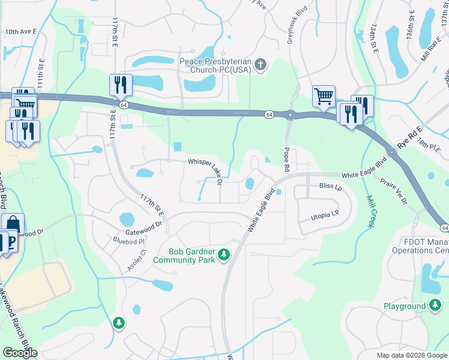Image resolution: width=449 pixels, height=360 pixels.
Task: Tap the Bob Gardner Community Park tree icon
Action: (x=224, y=255)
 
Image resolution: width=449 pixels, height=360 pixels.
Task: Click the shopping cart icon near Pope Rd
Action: (x=324, y=96)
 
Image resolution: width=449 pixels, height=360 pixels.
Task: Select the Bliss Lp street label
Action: (x=330, y=187)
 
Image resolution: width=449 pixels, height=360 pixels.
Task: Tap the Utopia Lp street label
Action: (x=325, y=214)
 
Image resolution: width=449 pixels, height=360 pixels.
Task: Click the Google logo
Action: (x=20, y=353)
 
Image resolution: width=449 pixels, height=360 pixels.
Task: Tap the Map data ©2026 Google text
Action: (x=411, y=355)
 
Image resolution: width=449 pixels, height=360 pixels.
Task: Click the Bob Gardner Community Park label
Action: (x=184, y=256)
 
